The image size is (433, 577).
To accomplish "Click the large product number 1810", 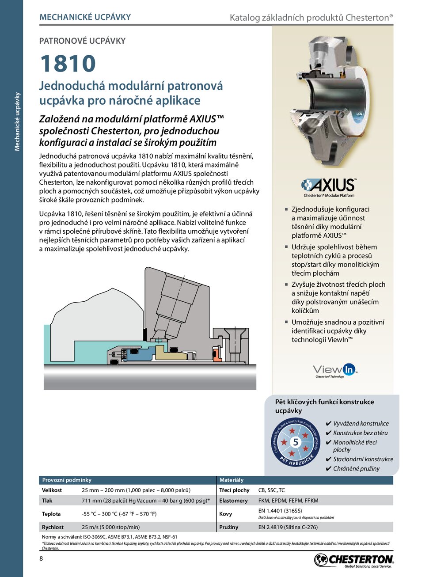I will [x=68, y=64].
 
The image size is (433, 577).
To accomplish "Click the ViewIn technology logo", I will [x=334, y=370].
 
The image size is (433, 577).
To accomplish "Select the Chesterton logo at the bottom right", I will [x=353, y=560].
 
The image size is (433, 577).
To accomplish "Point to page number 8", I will [x=42, y=558].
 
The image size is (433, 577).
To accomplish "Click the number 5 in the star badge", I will [x=296, y=442].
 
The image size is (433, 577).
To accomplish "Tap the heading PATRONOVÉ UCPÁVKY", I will [x=82, y=41].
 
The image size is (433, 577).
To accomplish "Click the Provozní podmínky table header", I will [x=67, y=480].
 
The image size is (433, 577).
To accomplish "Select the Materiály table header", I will [x=232, y=480].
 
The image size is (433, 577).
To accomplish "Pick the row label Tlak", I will [x=47, y=501].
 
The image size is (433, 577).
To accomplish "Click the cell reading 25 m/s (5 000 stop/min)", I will [x=110, y=527].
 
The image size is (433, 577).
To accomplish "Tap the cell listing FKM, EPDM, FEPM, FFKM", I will [x=288, y=501].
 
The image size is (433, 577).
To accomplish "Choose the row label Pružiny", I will [x=228, y=527].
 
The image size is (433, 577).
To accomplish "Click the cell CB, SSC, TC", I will [x=271, y=490].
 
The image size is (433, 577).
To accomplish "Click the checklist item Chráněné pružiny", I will [x=356, y=469].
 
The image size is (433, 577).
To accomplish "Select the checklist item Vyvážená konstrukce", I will [x=361, y=423].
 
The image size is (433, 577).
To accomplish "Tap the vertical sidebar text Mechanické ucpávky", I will [x=17, y=121].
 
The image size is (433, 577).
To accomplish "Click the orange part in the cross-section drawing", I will [x=217, y=353].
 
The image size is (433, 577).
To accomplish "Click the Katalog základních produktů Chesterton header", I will [x=311, y=18].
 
